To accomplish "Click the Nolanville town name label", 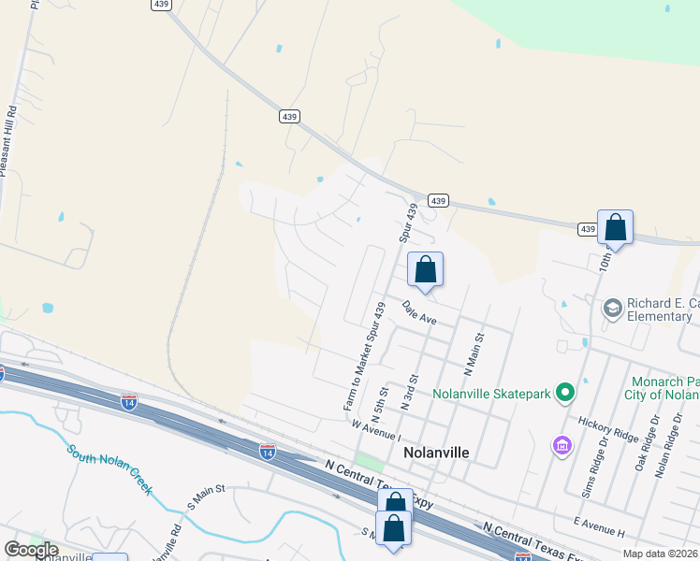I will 435,453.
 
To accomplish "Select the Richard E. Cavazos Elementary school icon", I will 613,309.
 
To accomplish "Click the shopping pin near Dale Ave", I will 425,269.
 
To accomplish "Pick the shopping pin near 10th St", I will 615,227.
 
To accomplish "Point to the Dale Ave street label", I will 419,312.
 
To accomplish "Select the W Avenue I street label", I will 376,431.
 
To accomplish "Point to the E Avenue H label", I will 600,525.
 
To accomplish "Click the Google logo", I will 31,550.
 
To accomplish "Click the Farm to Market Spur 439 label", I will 367,355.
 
